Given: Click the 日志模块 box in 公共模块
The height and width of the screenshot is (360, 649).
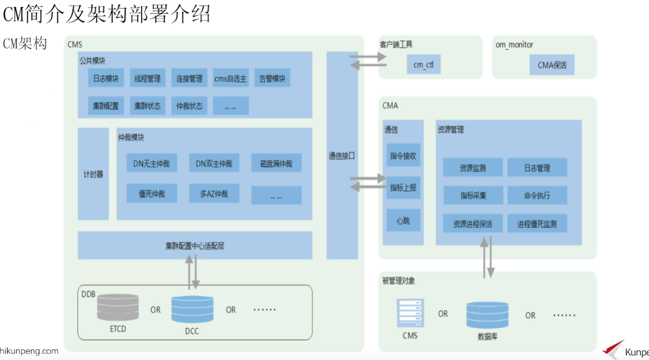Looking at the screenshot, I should pyautogui.click(x=106, y=79).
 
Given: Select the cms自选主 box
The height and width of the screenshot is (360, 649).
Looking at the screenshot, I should pyautogui.click(x=230, y=79).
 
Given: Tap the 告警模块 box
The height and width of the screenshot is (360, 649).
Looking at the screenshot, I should pyautogui.click(x=272, y=79).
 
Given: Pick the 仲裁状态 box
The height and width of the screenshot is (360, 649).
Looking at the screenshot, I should pyautogui.click(x=189, y=106).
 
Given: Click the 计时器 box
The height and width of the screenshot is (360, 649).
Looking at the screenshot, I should pyautogui.click(x=93, y=174).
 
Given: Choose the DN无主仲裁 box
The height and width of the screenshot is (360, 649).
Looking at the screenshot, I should pyautogui.click(x=151, y=164).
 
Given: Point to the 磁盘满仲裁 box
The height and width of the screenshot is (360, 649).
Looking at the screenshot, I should pyautogui.click(x=276, y=164).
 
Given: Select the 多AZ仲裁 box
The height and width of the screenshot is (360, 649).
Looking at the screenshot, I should pyautogui.click(x=214, y=194).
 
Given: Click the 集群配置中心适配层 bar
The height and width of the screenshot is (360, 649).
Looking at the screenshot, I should pyautogui.click(x=195, y=245).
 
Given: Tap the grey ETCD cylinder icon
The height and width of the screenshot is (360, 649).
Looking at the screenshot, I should pyautogui.click(x=118, y=307).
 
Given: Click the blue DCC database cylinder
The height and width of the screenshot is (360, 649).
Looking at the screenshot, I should pyautogui.click(x=192, y=310).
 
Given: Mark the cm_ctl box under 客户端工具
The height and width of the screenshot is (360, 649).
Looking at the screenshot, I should pyautogui.click(x=423, y=65).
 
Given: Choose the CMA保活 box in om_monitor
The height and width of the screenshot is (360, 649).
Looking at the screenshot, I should pyautogui.click(x=552, y=65).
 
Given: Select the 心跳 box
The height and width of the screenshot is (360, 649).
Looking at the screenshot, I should pyautogui.click(x=403, y=221).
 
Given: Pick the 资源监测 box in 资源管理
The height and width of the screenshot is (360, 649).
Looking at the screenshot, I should pyautogui.click(x=473, y=168).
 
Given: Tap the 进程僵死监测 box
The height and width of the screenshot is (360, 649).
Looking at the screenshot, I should pyautogui.click(x=537, y=224).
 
